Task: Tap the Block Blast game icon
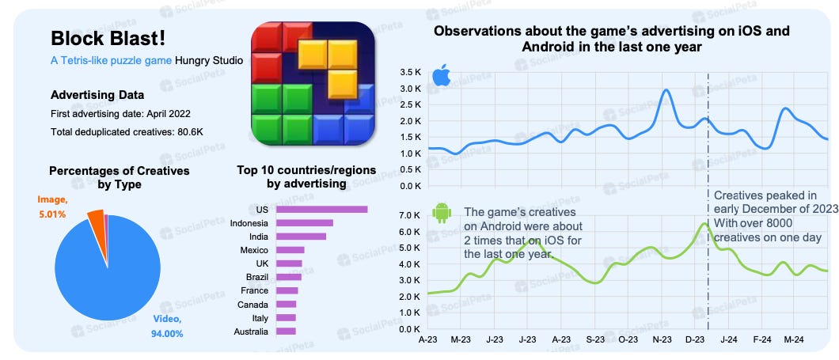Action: pos(313,83)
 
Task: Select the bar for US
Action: pos(322,209)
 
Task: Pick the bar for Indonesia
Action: pos(305,223)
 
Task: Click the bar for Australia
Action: pos(286,331)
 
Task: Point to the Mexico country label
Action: pos(252,250)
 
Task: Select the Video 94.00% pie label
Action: pos(167,326)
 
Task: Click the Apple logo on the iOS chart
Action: pos(441,78)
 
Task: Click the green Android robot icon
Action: pos(441,212)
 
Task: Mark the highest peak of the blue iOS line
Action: pos(666,90)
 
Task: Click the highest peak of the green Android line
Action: pos(704,224)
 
